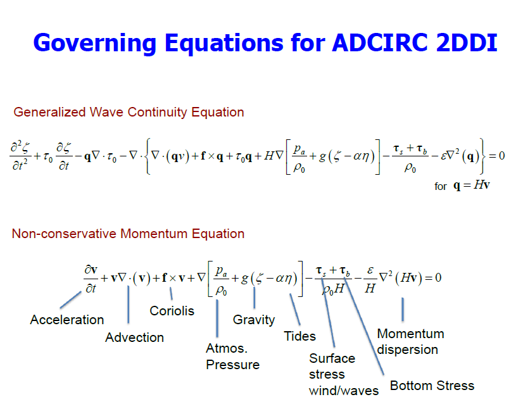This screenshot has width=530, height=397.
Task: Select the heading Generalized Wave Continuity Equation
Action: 129,112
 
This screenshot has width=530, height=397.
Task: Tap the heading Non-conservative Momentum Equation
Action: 128,234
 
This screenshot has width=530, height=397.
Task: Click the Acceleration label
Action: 66,320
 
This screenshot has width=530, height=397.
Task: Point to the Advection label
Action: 134,337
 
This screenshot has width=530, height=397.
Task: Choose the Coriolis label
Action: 172,311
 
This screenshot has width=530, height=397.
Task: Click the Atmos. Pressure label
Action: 232,356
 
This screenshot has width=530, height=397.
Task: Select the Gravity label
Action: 254,319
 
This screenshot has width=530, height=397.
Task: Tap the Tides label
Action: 300,336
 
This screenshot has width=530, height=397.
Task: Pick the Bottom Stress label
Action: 432,386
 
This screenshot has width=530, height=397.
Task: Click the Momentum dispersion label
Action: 410,341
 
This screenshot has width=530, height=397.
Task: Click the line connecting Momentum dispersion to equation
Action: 403,310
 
